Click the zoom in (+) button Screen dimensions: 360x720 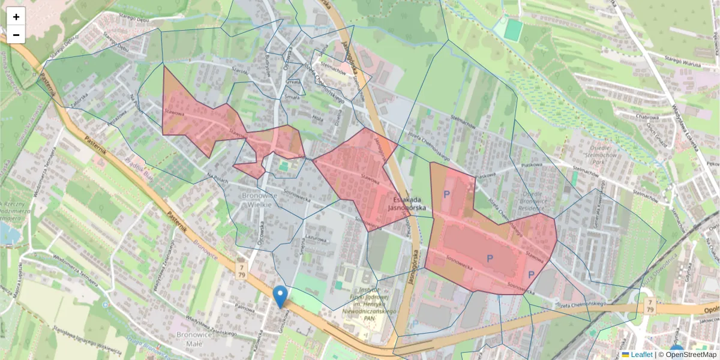[16, 17]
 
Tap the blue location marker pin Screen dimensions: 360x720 [280, 296]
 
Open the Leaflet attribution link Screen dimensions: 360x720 [641, 355]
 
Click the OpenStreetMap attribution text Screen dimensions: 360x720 [691, 355]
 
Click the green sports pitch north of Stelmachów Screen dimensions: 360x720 [512, 30]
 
